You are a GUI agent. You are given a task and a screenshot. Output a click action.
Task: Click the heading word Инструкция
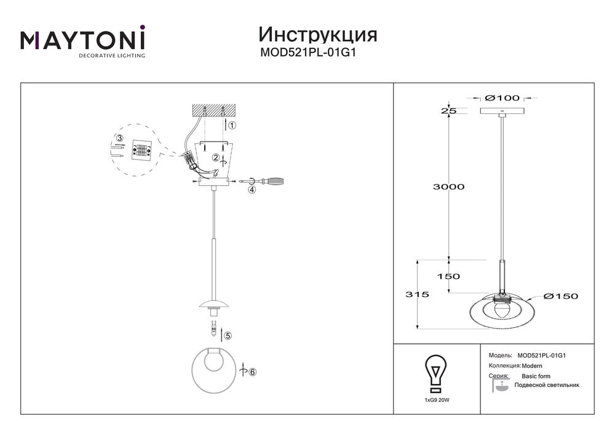318,35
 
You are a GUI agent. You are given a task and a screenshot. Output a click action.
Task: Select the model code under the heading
308,52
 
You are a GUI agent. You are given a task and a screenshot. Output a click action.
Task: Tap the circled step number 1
232,126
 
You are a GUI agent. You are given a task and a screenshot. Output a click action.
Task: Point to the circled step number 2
216,158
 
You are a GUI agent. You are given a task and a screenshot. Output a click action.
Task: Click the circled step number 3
120,138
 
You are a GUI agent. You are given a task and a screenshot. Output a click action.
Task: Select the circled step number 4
252,190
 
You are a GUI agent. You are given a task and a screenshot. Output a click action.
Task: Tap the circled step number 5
228,336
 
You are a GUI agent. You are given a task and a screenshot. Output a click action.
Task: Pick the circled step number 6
252,372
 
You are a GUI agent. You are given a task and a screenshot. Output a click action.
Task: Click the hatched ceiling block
213,110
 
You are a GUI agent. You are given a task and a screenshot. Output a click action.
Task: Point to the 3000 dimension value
448,186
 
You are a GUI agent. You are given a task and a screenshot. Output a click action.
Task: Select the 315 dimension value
418,294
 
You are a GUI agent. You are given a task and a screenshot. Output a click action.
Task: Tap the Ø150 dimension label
560,296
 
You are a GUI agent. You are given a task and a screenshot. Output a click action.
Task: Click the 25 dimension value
449,111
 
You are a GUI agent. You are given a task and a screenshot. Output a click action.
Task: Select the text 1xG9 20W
436,400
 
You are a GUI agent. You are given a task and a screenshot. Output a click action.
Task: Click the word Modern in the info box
532,366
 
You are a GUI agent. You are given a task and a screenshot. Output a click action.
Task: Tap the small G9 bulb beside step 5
214,329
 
